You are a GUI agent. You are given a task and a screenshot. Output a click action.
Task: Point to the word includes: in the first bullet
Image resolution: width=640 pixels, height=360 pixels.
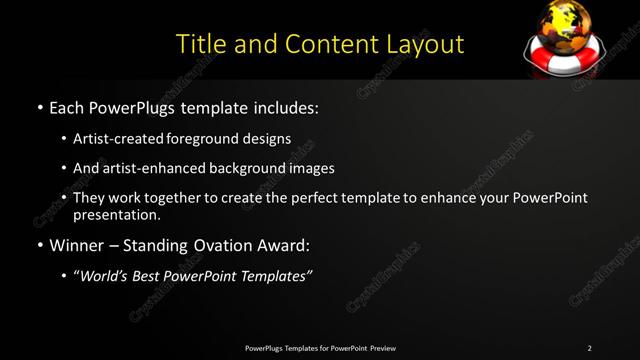(x=284, y=105)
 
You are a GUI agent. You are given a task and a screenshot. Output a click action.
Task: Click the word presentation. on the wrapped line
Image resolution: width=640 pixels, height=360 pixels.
(x=116, y=215)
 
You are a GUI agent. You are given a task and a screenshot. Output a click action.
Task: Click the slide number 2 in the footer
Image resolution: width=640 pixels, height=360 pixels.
(x=589, y=348)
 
